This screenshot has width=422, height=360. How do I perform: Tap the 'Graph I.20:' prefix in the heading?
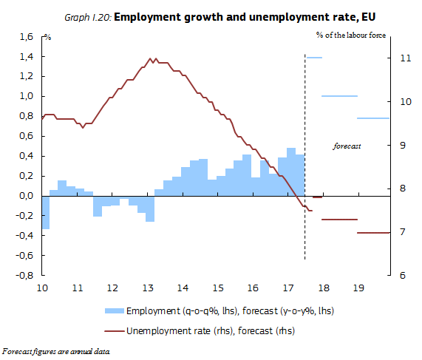point(87,16)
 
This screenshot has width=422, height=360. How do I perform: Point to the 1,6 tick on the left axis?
point(26,36)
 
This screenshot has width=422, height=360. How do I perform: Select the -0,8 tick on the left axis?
point(24,275)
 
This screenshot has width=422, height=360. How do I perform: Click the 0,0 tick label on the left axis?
point(26,196)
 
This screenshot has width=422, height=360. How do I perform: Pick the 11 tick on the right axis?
point(405,58)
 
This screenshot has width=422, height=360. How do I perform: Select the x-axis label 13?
point(148,287)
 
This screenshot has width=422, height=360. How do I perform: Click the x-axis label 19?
point(358,287)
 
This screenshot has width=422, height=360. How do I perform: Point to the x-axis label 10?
point(42,287)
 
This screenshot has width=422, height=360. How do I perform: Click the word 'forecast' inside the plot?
point(347,147)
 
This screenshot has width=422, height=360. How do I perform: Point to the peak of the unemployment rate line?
point(152,58)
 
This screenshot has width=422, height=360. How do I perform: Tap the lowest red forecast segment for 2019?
point(373,233)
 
